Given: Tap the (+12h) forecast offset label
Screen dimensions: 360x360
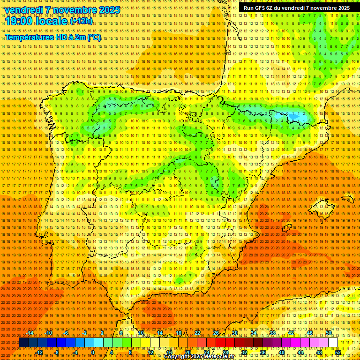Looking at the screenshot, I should (x=81, y=22).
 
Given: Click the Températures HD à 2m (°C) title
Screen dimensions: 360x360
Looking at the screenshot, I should (x=53, y=37).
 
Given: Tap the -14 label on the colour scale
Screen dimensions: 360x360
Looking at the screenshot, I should (x=30, y=333).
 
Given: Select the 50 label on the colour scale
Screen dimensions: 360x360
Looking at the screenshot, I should (x=329, y=333).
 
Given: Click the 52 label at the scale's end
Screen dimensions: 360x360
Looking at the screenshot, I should (x=338, y=352).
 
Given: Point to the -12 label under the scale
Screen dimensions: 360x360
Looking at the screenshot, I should (x=39, y=352).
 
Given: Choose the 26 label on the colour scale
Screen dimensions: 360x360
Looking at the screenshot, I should (x=216, y=333).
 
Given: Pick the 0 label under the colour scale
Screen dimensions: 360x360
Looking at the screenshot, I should (x=93, y=352).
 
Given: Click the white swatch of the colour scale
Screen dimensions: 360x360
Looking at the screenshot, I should (x=333, y=343).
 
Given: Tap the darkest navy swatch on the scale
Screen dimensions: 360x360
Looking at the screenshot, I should (x=23, y=343).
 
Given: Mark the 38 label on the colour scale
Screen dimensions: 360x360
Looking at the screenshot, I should (x=272, y=333).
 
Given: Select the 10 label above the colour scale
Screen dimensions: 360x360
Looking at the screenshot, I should (x=141, y=333).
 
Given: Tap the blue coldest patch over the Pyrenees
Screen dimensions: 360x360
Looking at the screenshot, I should (x=293, y=115).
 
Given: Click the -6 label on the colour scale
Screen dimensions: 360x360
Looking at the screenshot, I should (x=66, y=333).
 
